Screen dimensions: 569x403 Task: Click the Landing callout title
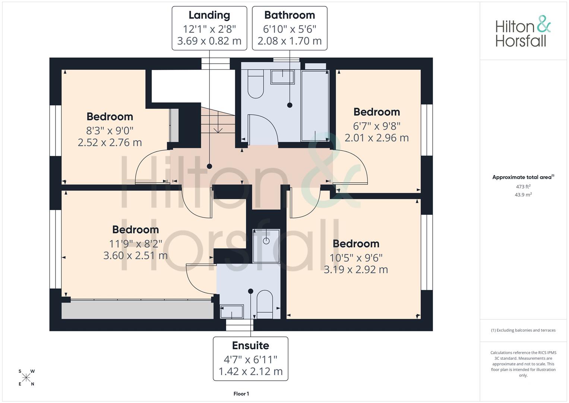[x=209, y=15]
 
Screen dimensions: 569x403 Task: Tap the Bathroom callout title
[x=290, y=15]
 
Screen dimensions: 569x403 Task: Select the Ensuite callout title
[x=250, y=346]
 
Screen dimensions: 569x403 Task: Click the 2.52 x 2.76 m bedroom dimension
[x=110, y=143]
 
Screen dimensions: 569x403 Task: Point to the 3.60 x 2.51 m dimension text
[x=135, y=256]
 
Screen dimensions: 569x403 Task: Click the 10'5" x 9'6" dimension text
[x=356, y=258]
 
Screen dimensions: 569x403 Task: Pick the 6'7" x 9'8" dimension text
[x=377, y=126]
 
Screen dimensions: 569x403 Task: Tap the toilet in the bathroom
[x=256, y=84]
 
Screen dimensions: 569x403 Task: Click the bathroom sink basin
[x=282, y=77]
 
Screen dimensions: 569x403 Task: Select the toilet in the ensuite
[x=265, y=304]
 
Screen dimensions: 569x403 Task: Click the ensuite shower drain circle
[x=266, y=241]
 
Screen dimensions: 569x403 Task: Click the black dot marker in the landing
[x=209, y=166]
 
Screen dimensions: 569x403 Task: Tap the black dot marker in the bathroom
[x=290, y=105]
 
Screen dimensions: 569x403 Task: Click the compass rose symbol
[x=26, y=378]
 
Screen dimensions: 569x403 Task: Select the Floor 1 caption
[x=241, y=394]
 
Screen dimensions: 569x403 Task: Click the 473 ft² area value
[x=523, y=187]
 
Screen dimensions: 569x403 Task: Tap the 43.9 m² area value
[x=523, y=195]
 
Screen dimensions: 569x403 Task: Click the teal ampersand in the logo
[x=544, y=24]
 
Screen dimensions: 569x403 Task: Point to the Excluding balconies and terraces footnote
[x=523, y=330]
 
